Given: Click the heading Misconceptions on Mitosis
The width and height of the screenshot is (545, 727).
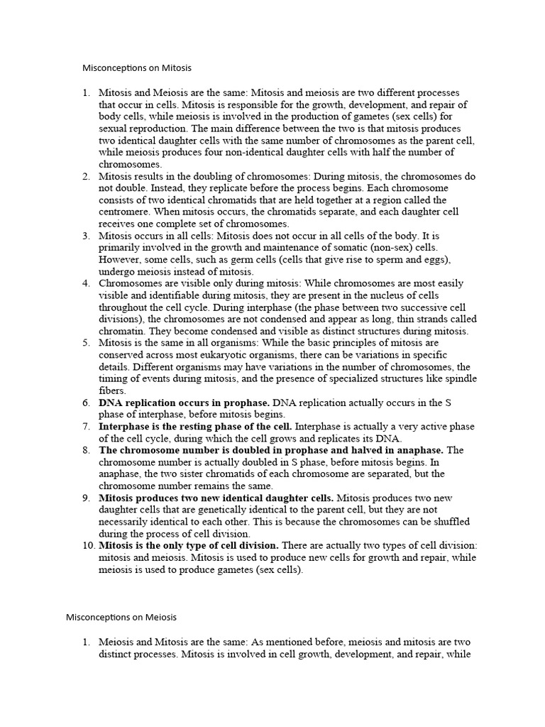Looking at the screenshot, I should coord(137,69).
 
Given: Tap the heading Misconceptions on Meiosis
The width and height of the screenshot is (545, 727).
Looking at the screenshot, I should coord(121,617).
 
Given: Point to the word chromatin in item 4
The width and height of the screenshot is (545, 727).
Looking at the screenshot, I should coord(120,331).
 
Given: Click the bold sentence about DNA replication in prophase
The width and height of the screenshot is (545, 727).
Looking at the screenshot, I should coord(184,403).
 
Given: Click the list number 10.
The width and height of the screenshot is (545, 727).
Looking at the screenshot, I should coord(89,545).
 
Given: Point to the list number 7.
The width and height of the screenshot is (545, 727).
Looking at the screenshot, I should coord(86,426).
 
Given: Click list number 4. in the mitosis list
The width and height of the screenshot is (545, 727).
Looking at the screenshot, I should coord(86,283).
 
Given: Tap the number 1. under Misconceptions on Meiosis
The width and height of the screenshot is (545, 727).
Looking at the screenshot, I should coord(86,642).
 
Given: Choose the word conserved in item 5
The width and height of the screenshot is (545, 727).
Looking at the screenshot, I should coord(121,355).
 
